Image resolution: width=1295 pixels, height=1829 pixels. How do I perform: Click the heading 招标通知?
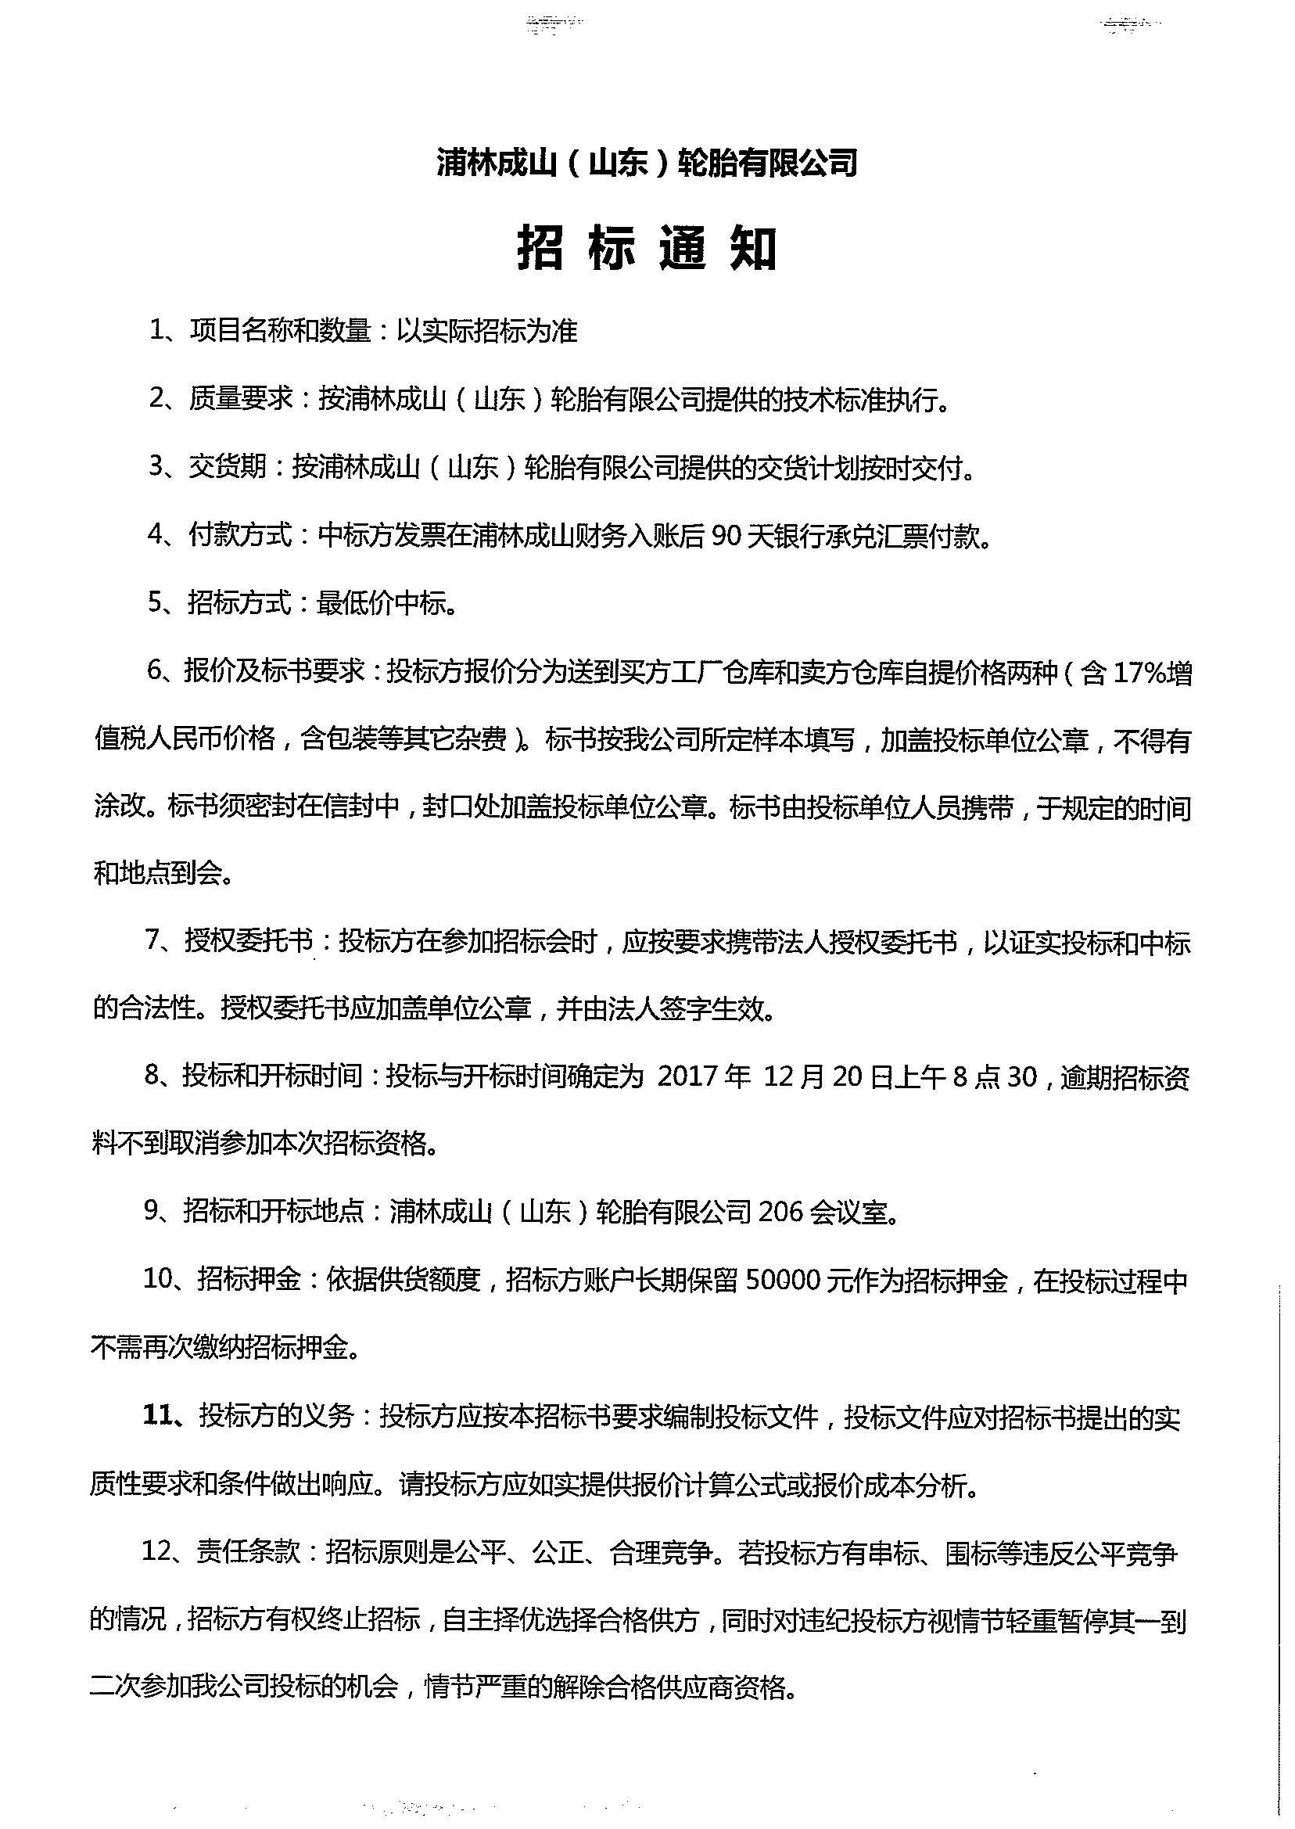(647, 249)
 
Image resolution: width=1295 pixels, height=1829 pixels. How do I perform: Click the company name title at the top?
(647, 163)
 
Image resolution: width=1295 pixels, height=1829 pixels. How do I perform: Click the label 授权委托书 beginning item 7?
(248, 943)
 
